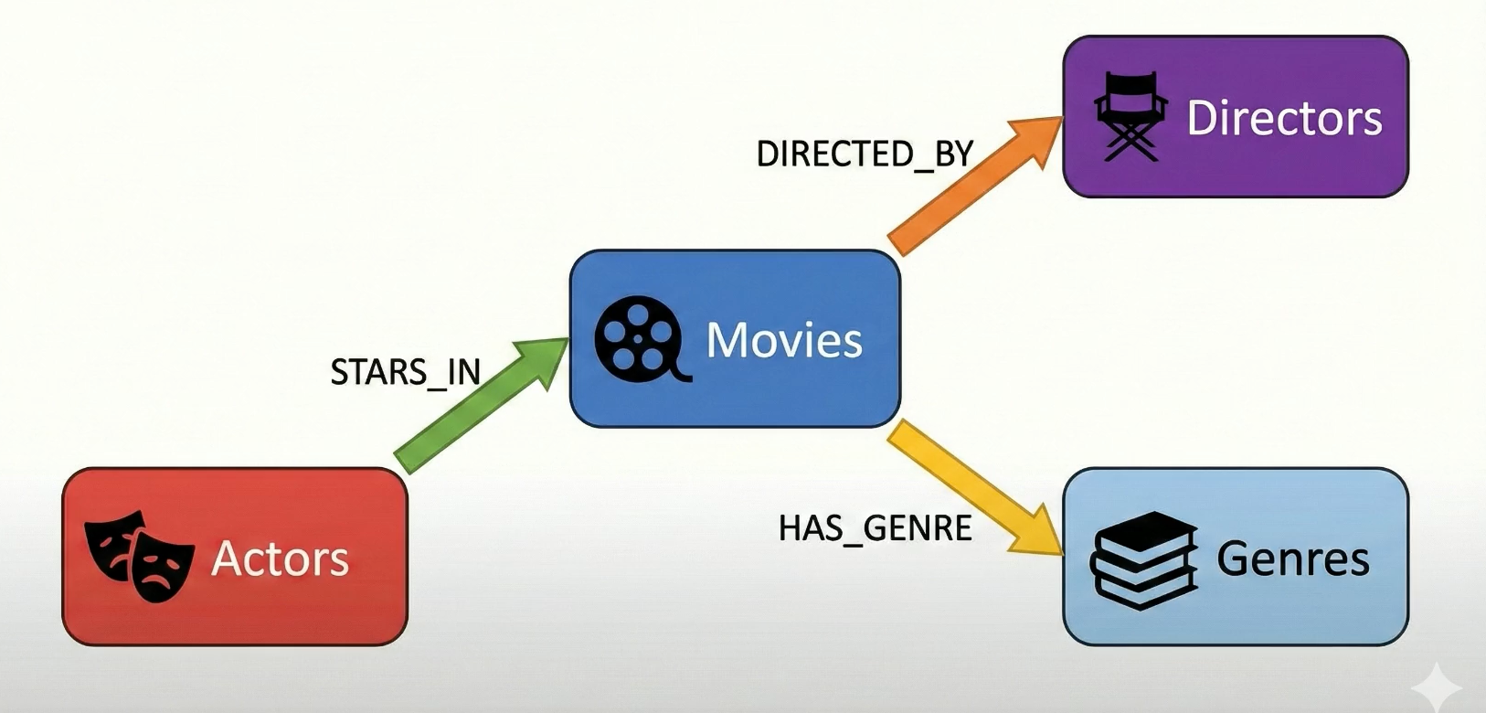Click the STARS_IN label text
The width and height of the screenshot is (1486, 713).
pyautogui.click(x=405, y=372)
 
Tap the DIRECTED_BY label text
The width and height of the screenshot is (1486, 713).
pyautogui.click(x=865, y=154)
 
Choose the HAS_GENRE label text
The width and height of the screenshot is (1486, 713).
pyautogui.click(x=875, y=527)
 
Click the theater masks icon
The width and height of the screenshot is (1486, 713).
pyautogui.click(x=139, y=556)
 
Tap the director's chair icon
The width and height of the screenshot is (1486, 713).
pyautogui.click(x=1130, y=117)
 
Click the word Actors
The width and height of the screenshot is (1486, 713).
pyautogui.click(x=280, y=559)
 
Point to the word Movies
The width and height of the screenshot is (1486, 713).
pyautogui.click(x=784, y=340)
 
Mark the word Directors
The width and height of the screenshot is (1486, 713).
pyautogui.click(x=1284, y=119)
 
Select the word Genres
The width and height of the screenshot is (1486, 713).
pyautogui.click(x=1292, y=559)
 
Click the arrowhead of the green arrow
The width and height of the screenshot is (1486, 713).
pyautogui.click(x=545, y=358)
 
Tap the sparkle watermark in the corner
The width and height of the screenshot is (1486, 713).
pyautogui.click(x=1438, y=686)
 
